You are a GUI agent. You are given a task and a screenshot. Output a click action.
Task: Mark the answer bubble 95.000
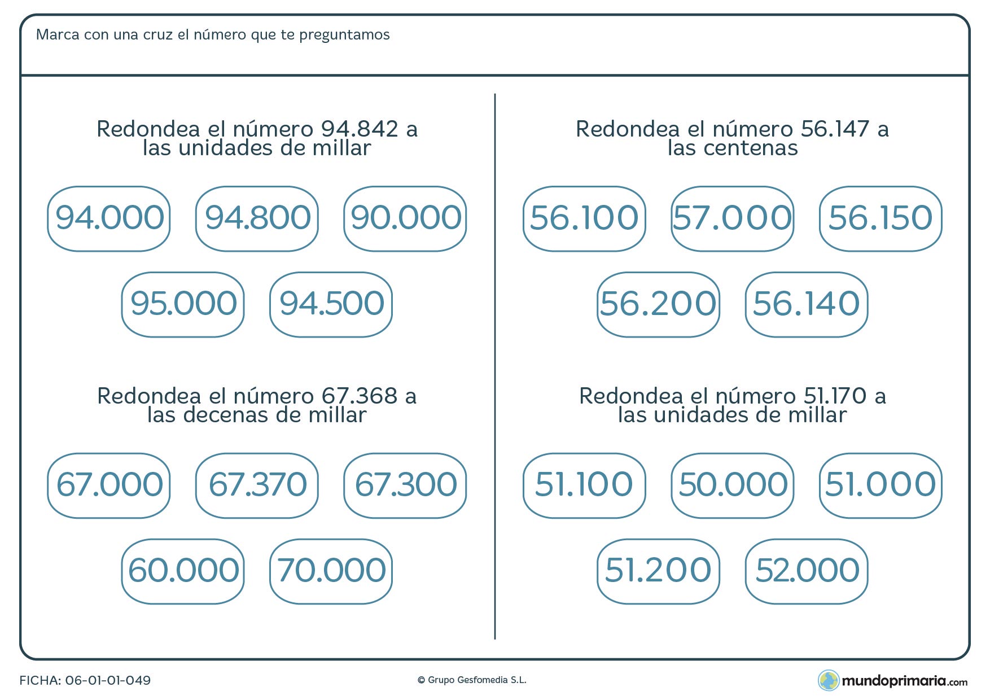click(183, 304)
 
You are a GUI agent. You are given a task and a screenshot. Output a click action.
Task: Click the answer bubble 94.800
click(257, 218)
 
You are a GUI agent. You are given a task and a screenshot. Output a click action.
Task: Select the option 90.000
click(405, 218)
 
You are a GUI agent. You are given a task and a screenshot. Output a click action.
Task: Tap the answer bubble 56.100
click(584, 218)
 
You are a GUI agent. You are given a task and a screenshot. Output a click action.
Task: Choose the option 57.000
click(733, 218)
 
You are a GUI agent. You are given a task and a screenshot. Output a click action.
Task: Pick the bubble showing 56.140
click(807, 304)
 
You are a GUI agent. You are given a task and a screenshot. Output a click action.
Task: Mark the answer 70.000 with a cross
click(331, 571)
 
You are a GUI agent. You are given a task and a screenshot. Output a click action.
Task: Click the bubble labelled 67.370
click(257, 485)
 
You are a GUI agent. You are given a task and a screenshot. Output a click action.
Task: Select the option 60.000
click(183, 571)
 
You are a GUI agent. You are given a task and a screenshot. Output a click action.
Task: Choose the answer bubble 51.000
click(881, 485)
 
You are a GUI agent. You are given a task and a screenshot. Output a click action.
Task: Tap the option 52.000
click(807, 571)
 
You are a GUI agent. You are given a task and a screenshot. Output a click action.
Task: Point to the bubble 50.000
click(733, 485)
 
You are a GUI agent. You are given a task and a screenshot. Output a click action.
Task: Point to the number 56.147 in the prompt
click(835, 129)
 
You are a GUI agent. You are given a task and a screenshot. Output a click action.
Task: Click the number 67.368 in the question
click(360, 396)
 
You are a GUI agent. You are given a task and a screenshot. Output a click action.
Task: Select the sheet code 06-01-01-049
click(108, 680)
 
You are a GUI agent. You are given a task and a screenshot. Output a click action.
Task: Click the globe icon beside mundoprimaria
click(829, 680)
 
